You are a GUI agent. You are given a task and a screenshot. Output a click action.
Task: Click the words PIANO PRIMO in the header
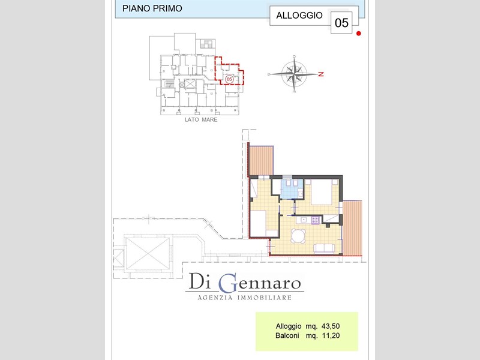(152, 8)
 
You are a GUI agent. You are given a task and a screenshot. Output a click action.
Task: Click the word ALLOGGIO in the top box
(299, 16)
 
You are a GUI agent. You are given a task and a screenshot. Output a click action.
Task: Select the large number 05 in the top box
(341, 23)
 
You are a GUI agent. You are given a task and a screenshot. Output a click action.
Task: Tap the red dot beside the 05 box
(358, 34)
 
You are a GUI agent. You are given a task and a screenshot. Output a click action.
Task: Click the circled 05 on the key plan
(229, 80)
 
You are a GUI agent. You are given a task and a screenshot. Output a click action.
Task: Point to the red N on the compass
(321, 74)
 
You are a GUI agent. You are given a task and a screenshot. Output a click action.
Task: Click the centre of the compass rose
(294, 74)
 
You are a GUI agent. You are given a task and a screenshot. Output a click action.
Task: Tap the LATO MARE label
(201, 119)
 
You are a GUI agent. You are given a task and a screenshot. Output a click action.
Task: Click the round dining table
(298, 236)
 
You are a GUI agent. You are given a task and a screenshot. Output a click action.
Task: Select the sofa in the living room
(324, 248)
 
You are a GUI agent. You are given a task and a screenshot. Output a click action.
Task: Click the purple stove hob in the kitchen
(316, 220)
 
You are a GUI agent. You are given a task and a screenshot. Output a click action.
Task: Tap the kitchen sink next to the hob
(304, 220)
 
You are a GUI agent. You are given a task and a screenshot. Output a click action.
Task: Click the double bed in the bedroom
(321, 192)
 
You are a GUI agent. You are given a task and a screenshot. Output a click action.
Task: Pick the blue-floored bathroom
(292, 190)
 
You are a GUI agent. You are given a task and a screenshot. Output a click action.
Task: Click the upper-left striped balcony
(261, 160)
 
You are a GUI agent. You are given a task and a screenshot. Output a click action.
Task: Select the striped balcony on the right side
(352, 228)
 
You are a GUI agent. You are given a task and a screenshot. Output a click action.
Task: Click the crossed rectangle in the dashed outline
(148, 254)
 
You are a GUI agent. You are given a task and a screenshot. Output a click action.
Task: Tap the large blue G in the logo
(228, 283)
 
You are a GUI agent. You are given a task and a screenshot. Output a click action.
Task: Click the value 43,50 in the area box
(331, 326)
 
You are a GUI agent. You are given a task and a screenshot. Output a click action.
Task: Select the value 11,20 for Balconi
(331, 335)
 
